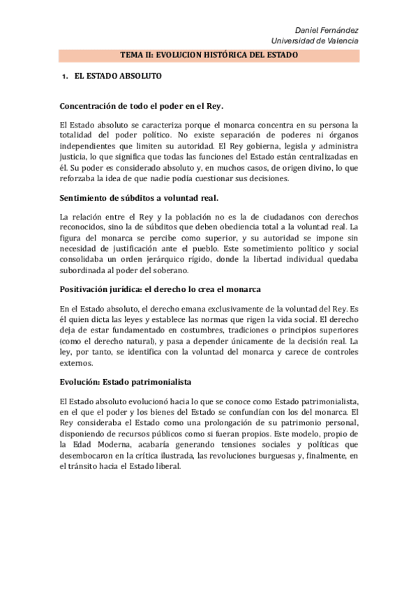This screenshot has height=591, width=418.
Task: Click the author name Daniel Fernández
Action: point(327,30)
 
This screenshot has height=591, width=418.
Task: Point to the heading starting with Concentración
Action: point(142,106)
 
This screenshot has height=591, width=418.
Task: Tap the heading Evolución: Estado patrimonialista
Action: point(126,383)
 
